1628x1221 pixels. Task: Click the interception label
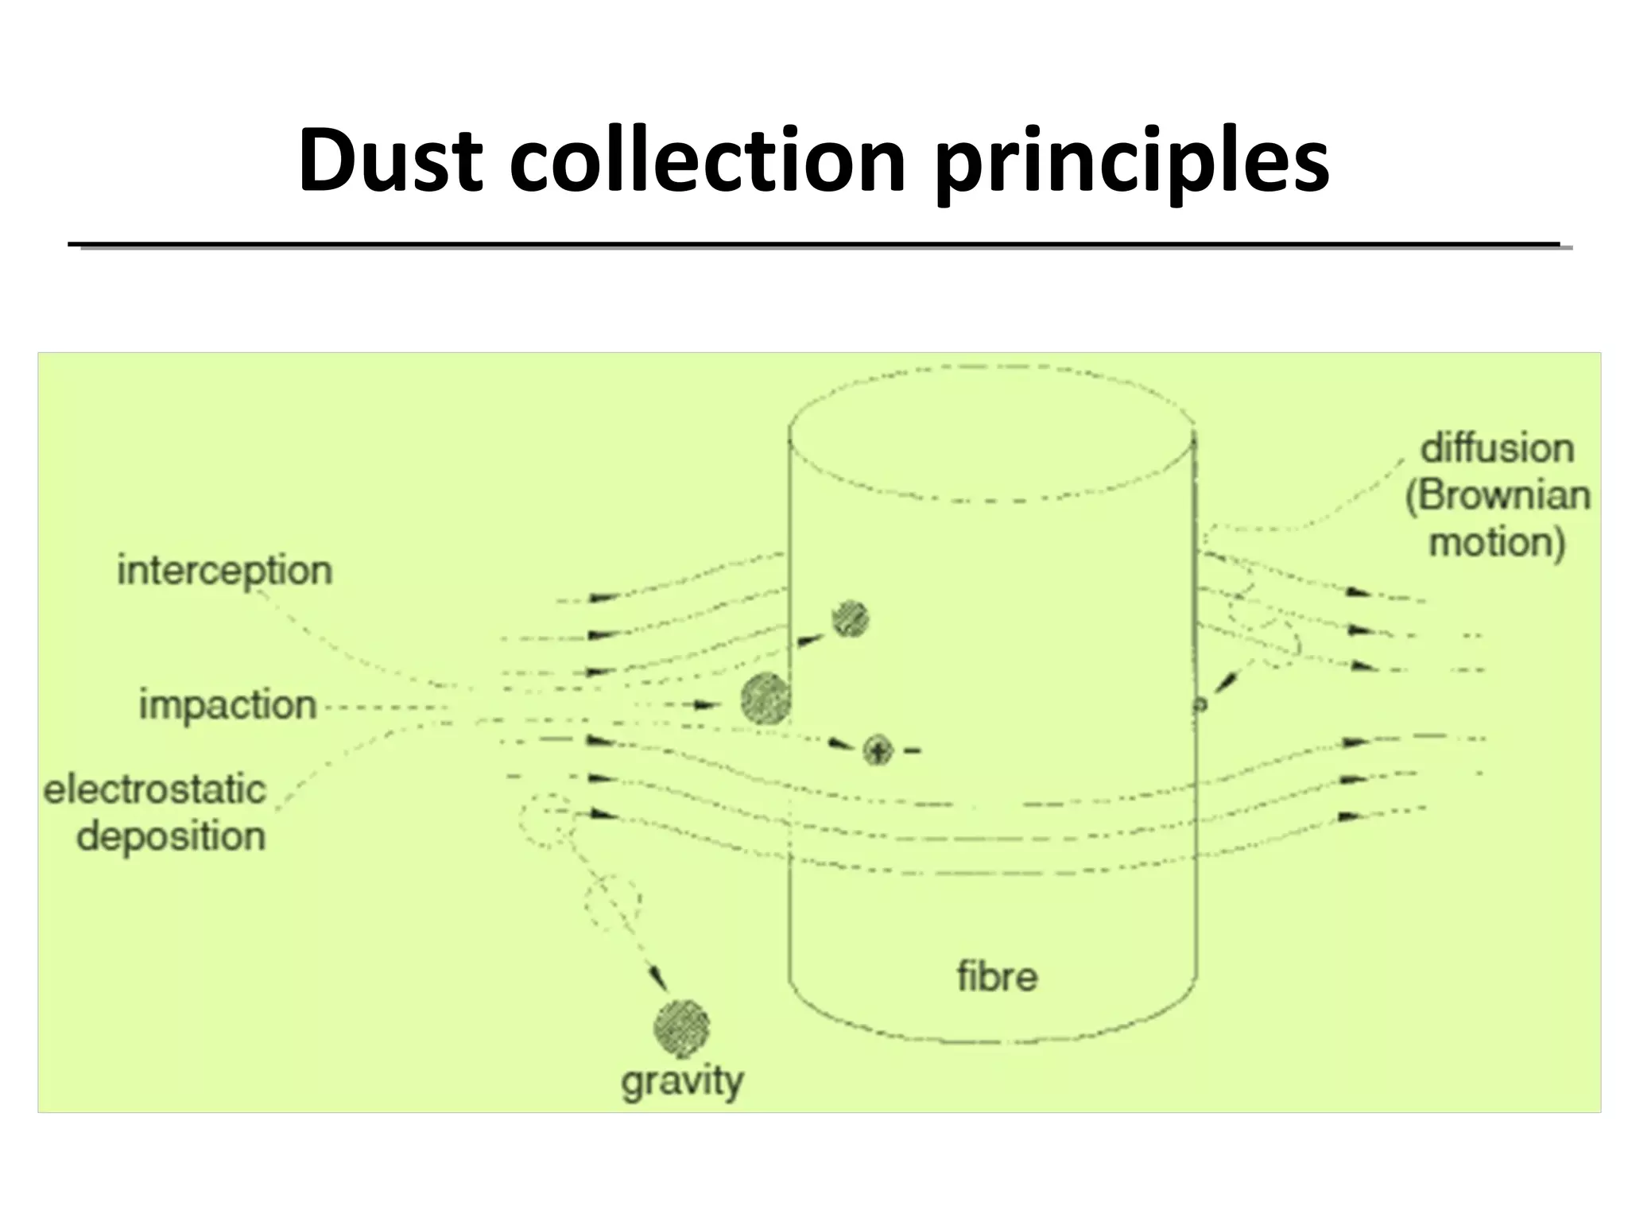225,571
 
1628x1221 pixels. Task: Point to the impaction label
228,705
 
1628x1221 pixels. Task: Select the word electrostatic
155,789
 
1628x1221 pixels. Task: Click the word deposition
171,836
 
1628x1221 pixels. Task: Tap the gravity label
682,1081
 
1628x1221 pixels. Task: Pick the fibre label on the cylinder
997,976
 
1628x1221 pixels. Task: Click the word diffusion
1497,448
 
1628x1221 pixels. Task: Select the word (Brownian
1498,496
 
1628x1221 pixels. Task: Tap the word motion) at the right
1497,543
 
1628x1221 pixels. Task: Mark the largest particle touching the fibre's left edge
766,699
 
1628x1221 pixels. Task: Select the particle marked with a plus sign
878,750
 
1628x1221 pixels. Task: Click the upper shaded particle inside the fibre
850,618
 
